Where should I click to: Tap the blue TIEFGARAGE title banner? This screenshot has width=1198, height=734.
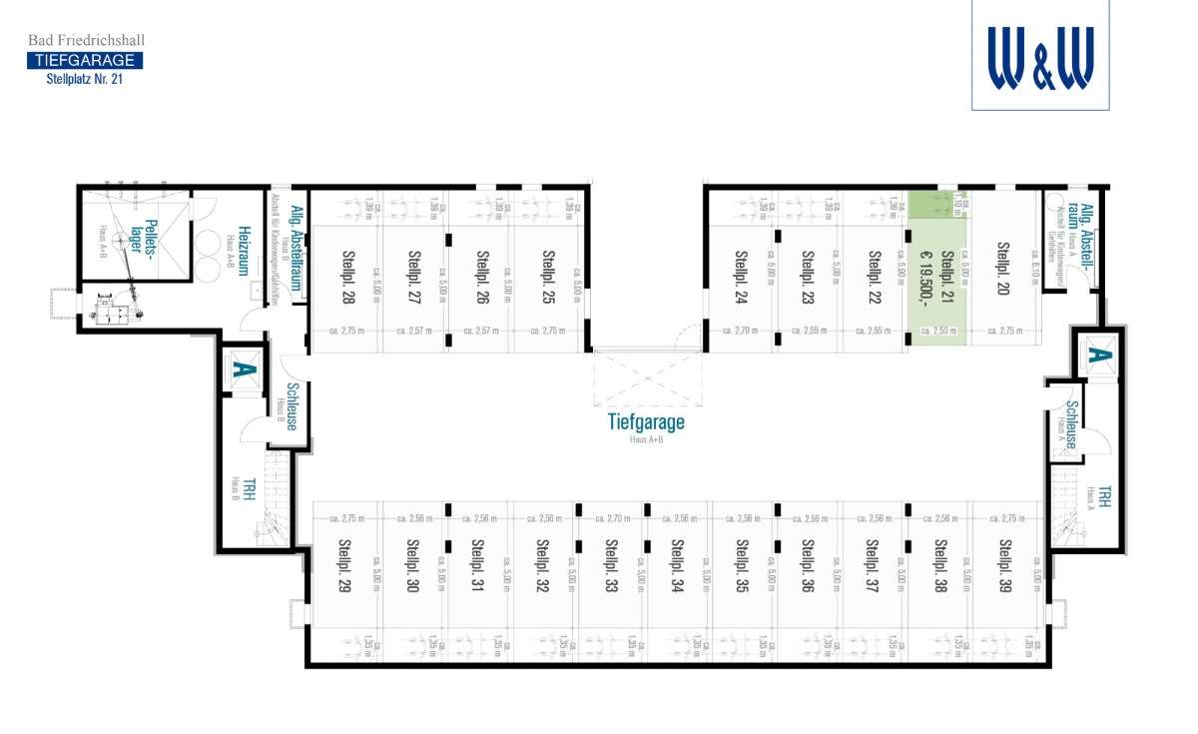click(84, 60)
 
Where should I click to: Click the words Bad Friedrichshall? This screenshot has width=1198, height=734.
click(86, 40)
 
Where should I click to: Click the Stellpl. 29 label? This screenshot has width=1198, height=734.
click(344, 566)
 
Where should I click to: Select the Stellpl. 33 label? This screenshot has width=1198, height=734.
click(611, 566)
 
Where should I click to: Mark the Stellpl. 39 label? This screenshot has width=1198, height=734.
click(1005, 566)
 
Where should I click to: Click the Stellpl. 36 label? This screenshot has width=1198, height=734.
click(808, 566)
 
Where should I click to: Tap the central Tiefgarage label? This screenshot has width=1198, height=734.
click(646, 421)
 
